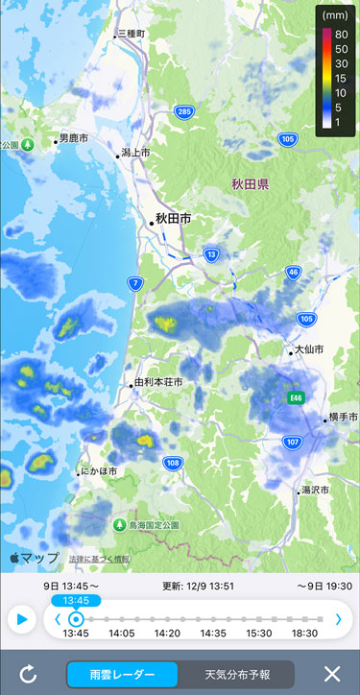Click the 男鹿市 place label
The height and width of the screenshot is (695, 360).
pos(76,138)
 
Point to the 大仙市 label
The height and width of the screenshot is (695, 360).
pos(309,350)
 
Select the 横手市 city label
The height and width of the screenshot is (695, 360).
pos(342,418)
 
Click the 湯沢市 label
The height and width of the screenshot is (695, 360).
pos(313,490)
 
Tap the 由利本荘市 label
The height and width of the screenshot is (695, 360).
pos(157,382)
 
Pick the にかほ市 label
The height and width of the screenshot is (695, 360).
pos(99,471)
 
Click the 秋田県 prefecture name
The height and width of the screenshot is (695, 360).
pos(250,183)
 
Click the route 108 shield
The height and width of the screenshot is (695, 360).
pos(173,464)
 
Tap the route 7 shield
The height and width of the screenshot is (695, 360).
pos(136,283)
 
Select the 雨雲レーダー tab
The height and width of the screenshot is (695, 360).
pos(122,674)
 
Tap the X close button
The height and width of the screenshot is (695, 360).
pos(332,674)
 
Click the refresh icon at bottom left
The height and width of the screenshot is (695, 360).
pos(28,674)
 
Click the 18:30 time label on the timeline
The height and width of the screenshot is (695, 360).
pos(305,634)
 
